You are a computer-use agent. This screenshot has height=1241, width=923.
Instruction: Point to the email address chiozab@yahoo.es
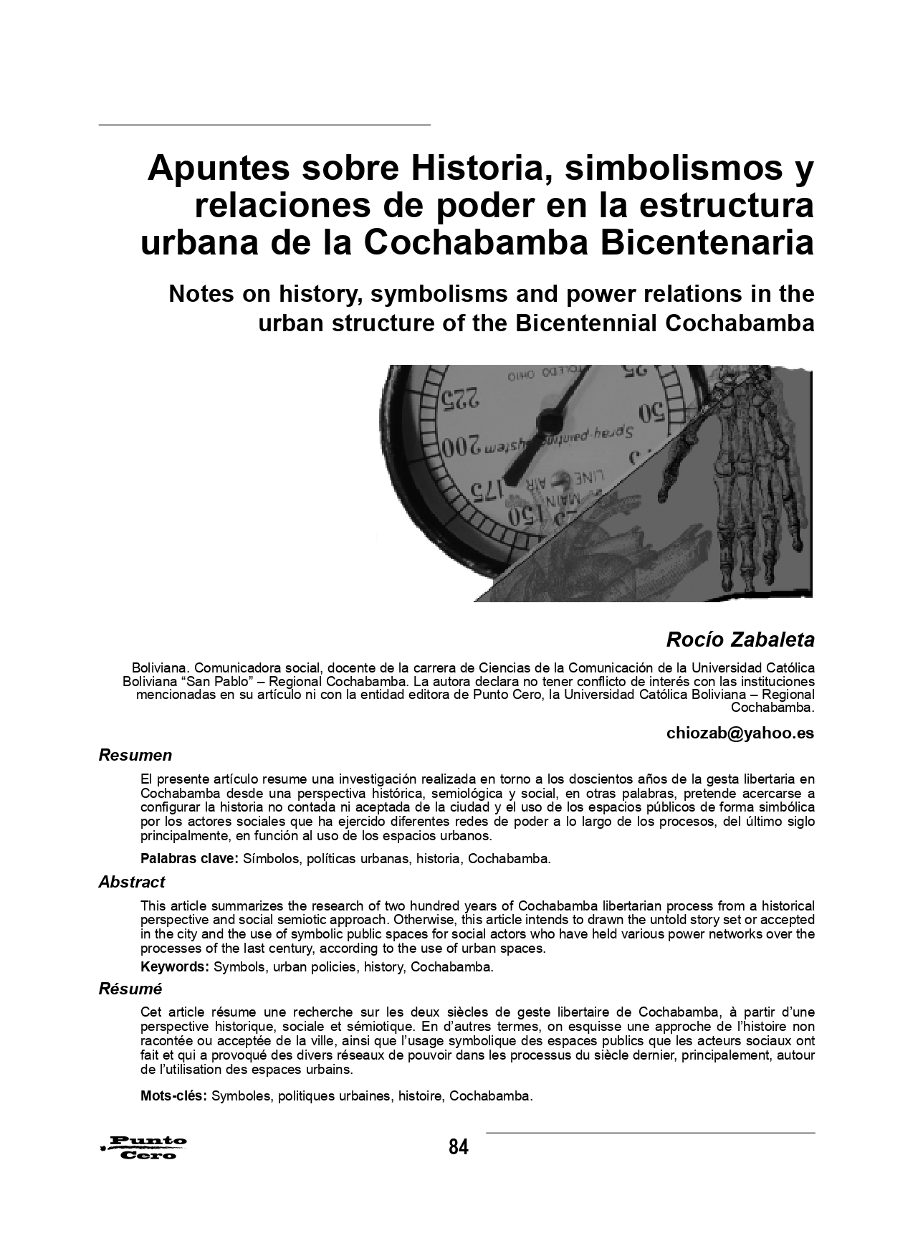pos(740,733)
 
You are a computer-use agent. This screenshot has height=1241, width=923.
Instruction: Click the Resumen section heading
pos(135,755)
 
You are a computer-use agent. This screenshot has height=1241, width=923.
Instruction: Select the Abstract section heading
pos(132,882)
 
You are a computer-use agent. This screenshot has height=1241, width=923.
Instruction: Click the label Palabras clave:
pos(189,858)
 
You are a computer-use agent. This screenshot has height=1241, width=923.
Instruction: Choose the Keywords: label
pos(175,966)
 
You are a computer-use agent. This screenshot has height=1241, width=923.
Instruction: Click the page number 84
pos(459,1147)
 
